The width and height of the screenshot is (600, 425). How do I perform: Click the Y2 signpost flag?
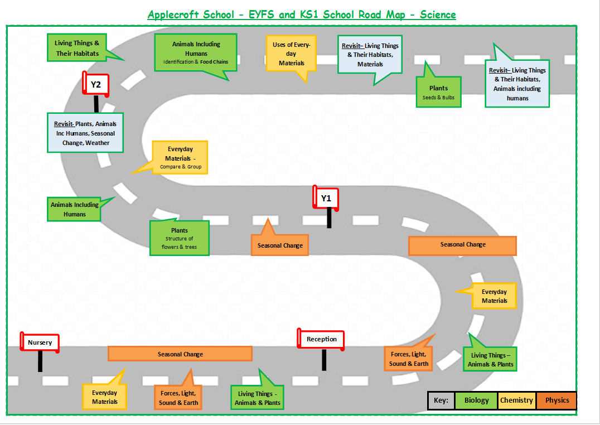(96, 85)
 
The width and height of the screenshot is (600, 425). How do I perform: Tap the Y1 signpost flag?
(326, 198)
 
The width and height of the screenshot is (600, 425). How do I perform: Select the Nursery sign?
(40, 342)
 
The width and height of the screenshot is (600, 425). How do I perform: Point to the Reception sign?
(322, 339)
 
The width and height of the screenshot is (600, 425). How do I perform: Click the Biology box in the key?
(476, 400)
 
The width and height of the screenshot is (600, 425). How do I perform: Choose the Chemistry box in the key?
(516, 400)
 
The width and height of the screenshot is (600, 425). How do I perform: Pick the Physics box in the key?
(557, 400)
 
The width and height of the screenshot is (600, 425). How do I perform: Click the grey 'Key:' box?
(441, 400)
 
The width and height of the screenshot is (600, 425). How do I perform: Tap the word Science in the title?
(438, 15)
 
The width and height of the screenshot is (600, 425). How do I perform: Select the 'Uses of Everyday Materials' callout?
(292, 54)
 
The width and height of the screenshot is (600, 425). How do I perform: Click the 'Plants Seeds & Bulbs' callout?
(438, 92)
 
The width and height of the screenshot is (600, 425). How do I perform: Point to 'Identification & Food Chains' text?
(196, 62)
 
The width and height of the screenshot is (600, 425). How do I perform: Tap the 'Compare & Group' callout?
(180, 158)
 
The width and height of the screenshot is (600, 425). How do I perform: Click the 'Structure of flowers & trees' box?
(179, 238)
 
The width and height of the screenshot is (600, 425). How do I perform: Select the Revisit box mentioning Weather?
(85, 133)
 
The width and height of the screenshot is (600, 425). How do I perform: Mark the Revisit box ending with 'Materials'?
(370, 55)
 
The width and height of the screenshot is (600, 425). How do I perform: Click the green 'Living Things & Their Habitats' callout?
(77, 48)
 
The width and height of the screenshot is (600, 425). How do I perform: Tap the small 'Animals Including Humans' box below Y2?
(75, 209)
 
